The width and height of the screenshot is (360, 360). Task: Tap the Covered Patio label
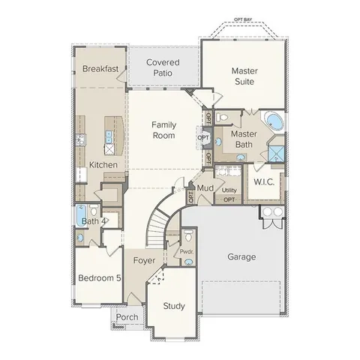click(x=163, y=67)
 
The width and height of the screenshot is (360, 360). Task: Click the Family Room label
click(x=163, y=130)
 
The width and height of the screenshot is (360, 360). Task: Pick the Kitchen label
click(x=103, y=164)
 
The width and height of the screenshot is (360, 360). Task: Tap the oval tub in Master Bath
click(x=272, y=121)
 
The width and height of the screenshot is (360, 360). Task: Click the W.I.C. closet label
click(x=265, y=181)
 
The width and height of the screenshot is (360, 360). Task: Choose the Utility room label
click(x=229, y=190)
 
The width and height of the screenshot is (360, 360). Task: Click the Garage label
click(x=241, y=256)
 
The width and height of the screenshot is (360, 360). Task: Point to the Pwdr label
click(x=187, y=252)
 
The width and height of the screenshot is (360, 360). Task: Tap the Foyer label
click(x=144, y=260)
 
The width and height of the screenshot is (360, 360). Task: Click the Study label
click(x=174, y=305)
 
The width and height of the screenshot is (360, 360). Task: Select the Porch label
click(x=127, y=318)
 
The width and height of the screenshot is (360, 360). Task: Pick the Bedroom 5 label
click(x=99, y=277)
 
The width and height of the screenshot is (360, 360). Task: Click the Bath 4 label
click(x=94, y=221)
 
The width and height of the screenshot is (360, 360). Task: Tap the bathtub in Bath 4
click(x=80, y=216)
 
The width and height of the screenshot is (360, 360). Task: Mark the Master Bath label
click(x=244, y=139)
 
